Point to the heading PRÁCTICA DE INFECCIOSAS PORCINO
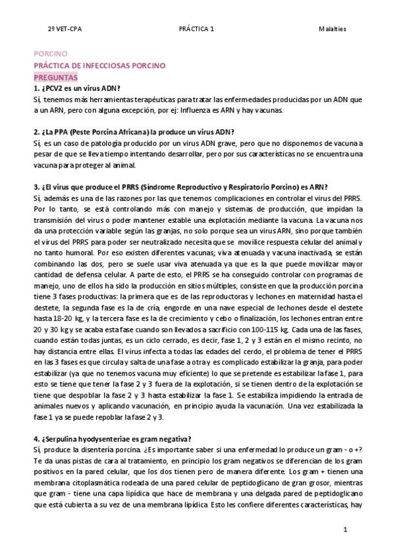point(99,66)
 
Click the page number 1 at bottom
point(346,530)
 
